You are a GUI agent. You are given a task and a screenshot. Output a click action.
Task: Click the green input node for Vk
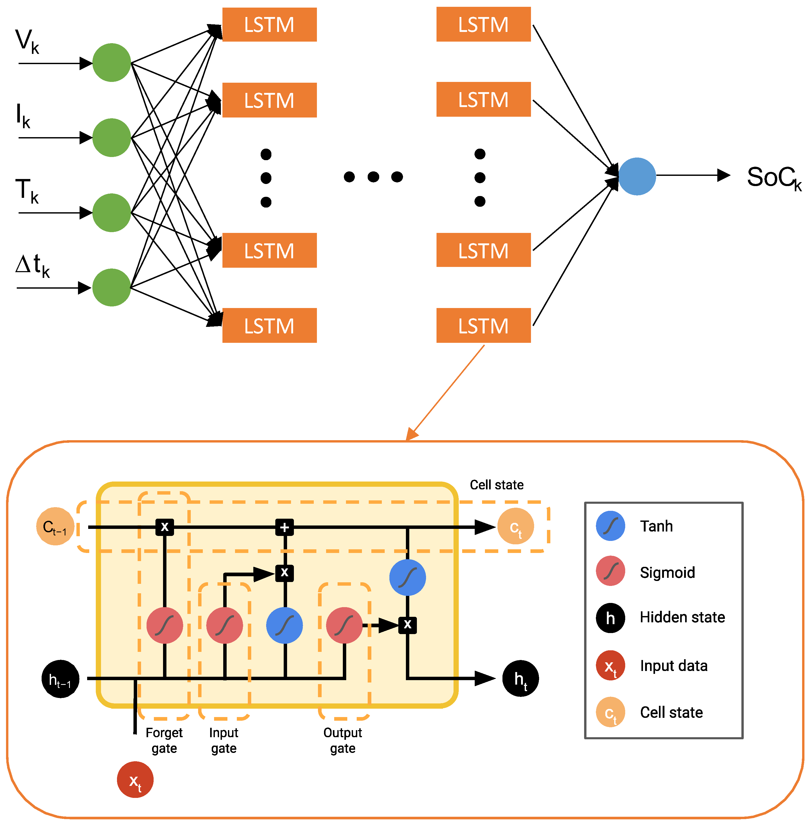tap(111, 63)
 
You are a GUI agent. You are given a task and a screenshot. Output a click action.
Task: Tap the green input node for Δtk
tap(111, 288)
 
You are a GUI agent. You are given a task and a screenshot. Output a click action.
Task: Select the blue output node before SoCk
tap(637, 176)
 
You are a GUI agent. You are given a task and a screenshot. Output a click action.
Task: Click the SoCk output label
tap(773, 178)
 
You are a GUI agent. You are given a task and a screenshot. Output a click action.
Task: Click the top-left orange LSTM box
tap(269, 25)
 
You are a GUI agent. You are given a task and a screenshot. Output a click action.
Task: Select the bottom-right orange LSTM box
tap(483, 326)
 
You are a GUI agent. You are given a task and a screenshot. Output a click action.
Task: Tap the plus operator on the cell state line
tap(284, 527)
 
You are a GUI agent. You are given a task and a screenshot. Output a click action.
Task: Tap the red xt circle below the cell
tap(135, 779)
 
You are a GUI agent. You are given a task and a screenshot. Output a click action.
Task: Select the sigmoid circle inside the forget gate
tap(164, 625)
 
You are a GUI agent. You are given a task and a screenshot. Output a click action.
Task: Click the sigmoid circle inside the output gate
tap(344, 625)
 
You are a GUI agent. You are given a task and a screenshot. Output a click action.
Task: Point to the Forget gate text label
tap(164, 740)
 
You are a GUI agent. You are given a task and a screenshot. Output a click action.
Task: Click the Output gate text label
tap(343, 740)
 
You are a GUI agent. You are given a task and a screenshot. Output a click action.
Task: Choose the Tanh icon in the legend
tap(610, 526)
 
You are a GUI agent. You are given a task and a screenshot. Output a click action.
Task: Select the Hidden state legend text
tap(682, 617)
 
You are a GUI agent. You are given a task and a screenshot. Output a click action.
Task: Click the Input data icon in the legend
tap(610, 665)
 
